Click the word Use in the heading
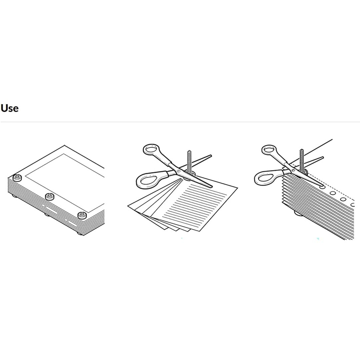point(10,108)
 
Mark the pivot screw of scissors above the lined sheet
point(179,171)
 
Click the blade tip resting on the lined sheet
point(211,186)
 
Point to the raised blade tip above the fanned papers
point(210,155)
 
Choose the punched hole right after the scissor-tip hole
point(332,193)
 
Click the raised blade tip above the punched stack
point(322,158)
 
